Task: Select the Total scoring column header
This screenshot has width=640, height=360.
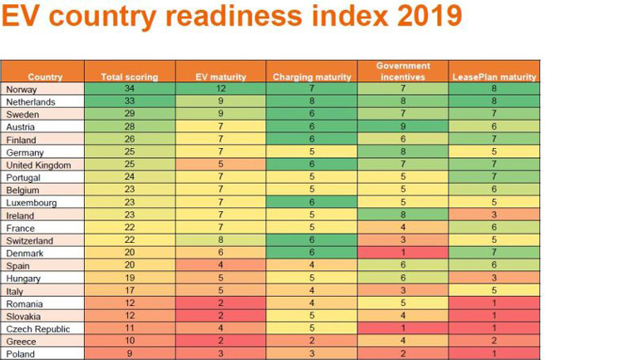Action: click(x=129, y=77)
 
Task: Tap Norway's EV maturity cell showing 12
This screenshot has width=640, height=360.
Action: click(x=220, y=89)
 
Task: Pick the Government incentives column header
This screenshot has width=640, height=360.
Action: click(x=403, y=72)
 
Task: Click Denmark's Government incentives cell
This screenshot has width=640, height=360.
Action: click(x=403, y=253)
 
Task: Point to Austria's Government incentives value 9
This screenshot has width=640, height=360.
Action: click(x=403, y=126)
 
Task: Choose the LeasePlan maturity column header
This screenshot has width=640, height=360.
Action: click(x=494, y=77)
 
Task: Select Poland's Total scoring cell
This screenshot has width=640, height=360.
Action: click(x=129, y=354)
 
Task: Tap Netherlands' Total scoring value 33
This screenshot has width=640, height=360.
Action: click(x=129, y=101)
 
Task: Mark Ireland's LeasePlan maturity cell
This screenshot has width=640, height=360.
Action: click(x=494, y=215)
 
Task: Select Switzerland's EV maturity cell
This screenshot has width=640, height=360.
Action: click(x=220, y=240)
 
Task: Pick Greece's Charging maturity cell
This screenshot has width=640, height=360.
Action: click(x=312, y=342)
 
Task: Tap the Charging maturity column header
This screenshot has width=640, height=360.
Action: click(x=312, y=77)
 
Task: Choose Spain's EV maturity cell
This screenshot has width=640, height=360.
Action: click(x=220, y=266)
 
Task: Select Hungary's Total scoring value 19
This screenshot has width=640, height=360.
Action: click(x=129, y=279)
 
